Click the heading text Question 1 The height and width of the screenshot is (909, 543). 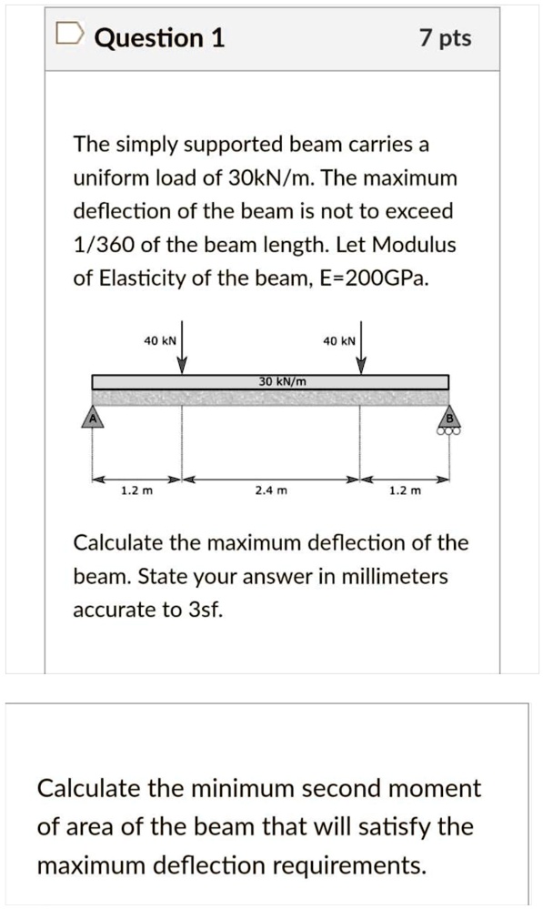pos(159,38)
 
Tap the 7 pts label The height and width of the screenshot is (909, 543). pos(446,38)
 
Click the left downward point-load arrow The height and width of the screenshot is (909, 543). pos(182,348)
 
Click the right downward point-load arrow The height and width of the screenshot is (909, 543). pos(360,348)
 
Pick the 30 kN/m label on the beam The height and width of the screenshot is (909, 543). pos(282,381)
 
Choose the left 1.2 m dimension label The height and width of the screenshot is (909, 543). pos(136,491)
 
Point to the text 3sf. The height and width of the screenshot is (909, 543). pos(203,610)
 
